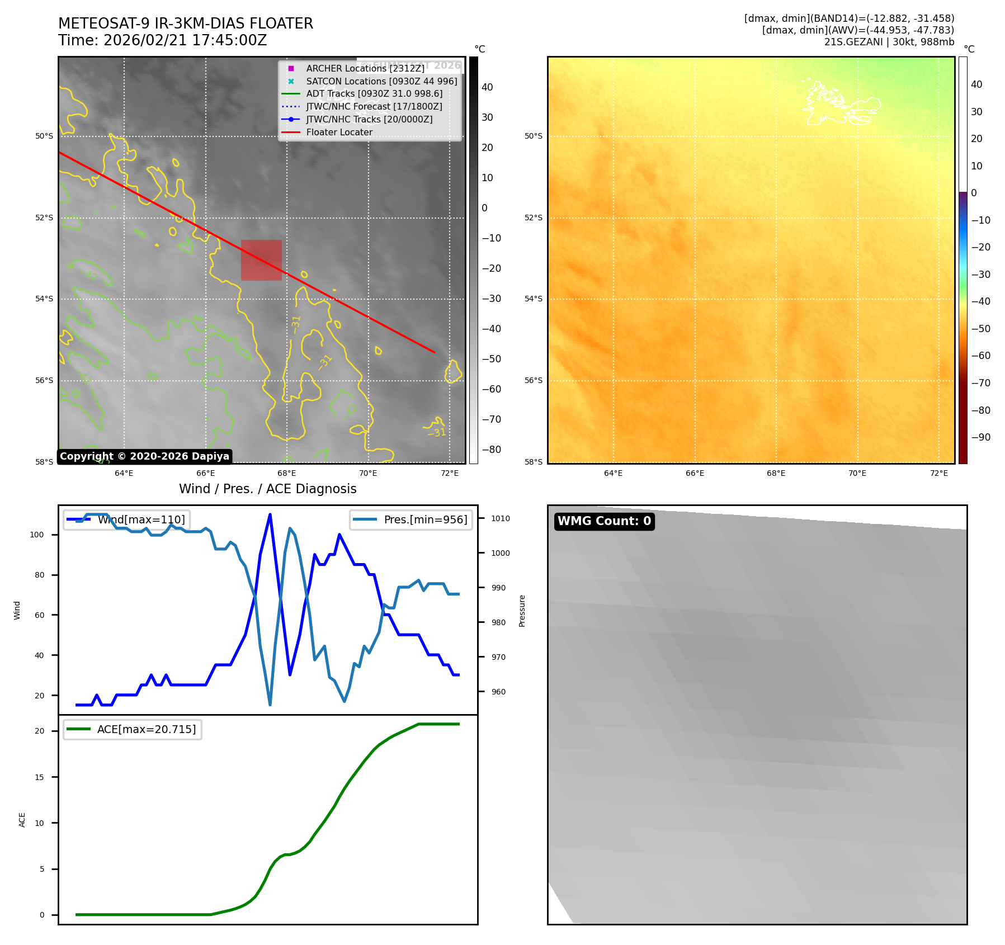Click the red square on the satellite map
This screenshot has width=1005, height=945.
261,260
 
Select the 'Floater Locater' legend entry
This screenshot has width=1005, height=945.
339,133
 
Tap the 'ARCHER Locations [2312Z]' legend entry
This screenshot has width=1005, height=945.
365,68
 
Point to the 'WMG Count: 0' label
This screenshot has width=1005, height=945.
604,521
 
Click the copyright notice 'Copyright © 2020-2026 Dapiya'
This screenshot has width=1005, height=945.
144,456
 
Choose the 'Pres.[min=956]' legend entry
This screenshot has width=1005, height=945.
425,519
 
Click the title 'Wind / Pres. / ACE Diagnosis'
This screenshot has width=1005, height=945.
267,489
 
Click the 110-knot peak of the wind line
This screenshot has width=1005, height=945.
270,514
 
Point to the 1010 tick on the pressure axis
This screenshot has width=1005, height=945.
500,518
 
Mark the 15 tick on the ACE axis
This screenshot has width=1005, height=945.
39,777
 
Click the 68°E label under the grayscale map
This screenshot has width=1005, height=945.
286,473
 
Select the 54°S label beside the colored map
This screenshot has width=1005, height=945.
533,299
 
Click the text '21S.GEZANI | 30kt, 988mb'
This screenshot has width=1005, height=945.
889,42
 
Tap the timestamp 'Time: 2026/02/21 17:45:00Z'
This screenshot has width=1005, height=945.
162,41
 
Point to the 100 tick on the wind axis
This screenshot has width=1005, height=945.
37,535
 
